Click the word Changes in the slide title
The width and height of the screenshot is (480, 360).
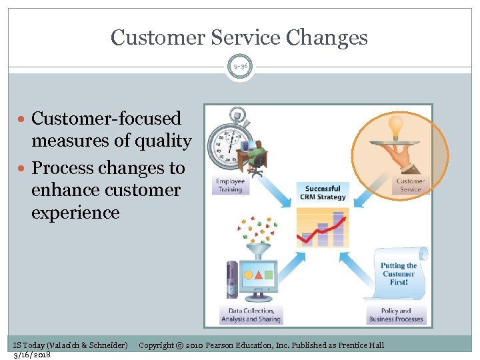click(x=327, y=37)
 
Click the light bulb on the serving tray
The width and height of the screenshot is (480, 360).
click(x=396, y=126)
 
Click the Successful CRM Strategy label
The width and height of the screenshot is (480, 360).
click(x=323, y=193)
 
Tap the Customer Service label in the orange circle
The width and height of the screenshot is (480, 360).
click(x=410, y=185)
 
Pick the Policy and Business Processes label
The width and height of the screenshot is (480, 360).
click(x=396, y=315)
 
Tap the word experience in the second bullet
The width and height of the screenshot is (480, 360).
click(x=75, y=213)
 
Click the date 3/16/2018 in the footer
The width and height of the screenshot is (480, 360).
click(x=32, y=355)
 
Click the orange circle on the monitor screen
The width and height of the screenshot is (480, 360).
click(x=248, y=274)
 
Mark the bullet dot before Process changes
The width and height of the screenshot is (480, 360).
click(x=24, y=167)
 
